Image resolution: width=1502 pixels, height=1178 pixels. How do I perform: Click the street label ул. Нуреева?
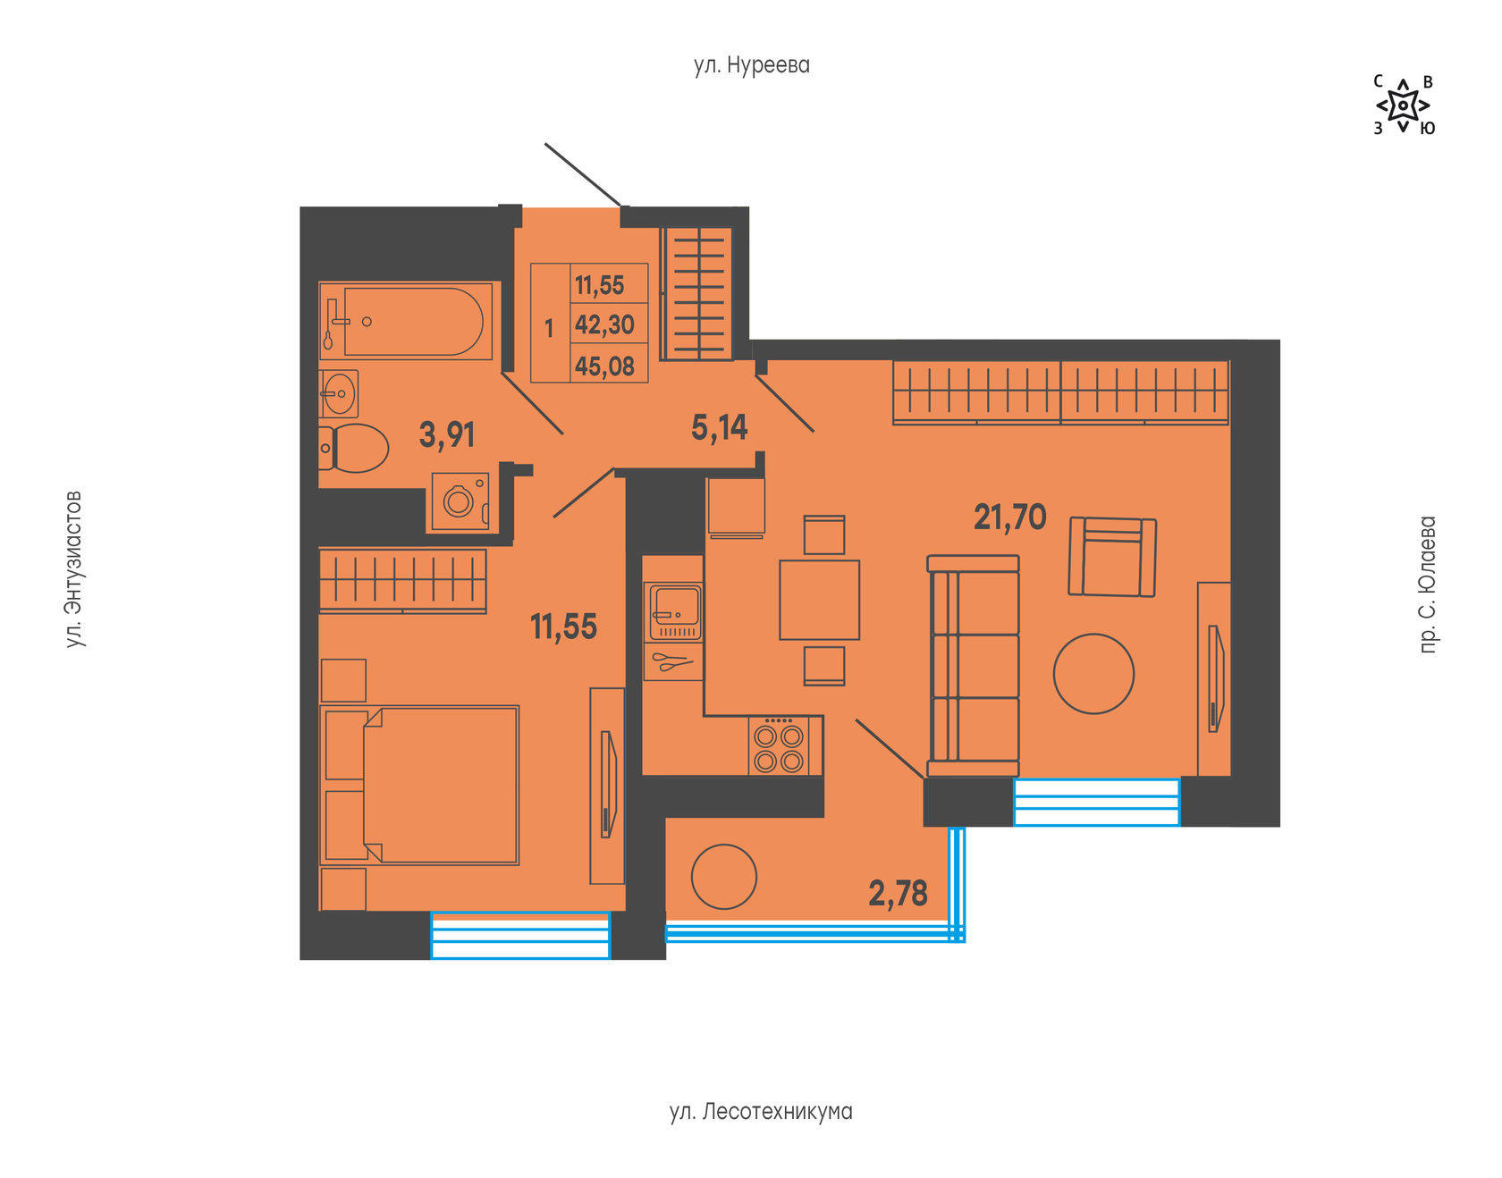tap(752, 65)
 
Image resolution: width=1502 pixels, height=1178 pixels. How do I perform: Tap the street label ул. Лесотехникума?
tap(761, 1112)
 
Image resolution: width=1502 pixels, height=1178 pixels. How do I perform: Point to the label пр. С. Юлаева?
tap(1428, 585)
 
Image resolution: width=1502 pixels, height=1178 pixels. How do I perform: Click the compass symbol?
tap(1404, 105)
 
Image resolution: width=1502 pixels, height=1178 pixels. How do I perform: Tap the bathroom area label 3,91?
tap(447, 435)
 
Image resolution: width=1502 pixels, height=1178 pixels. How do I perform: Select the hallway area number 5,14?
tap(720, 428)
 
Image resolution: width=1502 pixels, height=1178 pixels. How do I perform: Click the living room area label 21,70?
tap(1010, 517)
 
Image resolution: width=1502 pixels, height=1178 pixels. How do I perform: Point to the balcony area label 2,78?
tap(899, 893)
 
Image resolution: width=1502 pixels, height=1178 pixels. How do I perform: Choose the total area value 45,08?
tap(604, 366)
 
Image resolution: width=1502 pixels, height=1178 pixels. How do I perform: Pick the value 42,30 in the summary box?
tap(604, 324)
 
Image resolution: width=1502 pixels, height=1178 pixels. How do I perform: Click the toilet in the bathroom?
tap(354, 448)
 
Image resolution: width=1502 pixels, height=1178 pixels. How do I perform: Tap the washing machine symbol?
tap(460, 501)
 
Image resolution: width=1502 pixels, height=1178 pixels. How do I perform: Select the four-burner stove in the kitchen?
tap(779, 745)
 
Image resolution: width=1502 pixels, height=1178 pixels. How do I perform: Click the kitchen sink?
tap(675, 611)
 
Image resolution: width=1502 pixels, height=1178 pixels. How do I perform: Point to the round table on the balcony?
tap(724, 877)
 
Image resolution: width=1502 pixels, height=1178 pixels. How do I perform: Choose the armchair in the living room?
tap(1112, 557)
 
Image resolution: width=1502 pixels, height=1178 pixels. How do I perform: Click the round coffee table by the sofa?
tap(1093, 674)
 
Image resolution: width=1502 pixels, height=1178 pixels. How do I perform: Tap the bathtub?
tap(406, 322)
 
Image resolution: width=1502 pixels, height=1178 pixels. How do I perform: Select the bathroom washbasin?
tap(339, 394)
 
